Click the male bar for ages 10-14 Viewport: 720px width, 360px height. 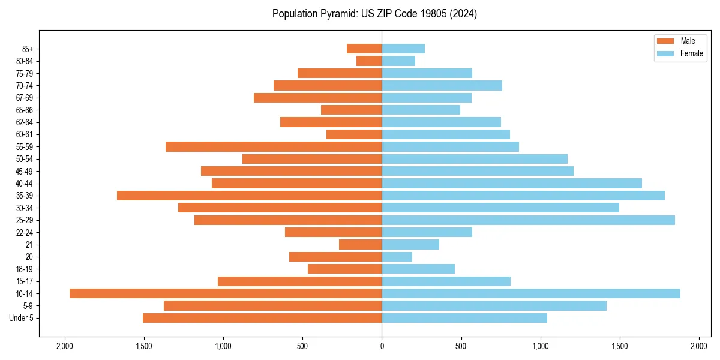[x=226, y=293]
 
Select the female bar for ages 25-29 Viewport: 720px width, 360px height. [x=528, y=220]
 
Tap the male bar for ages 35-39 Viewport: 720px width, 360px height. [x=249, y=196]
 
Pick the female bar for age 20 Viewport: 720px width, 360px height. [x=397, y=257]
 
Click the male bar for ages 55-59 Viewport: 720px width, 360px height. [x=274, y=146]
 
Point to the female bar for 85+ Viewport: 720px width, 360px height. [x=403, y=49]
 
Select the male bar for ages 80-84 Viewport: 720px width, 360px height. [x=369, y=61]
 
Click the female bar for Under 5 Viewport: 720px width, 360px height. [x=464, y=318]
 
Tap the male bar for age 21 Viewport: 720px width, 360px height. [x=360, y=244]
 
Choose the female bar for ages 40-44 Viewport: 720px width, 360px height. [x=512, y=183]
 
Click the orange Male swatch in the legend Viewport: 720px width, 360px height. [x=665, y=41]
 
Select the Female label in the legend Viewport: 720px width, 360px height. [x=691, y=53]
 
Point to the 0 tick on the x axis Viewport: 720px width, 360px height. [x=382, y=346]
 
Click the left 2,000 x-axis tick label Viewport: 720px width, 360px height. [x=64, y=346]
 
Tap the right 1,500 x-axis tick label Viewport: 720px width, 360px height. [x=620, y=346]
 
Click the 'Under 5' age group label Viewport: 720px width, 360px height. [x=21, y=318]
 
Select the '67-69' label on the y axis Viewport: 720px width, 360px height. [x=24, y=98]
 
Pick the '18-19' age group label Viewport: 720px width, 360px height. [x=24, y=269]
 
